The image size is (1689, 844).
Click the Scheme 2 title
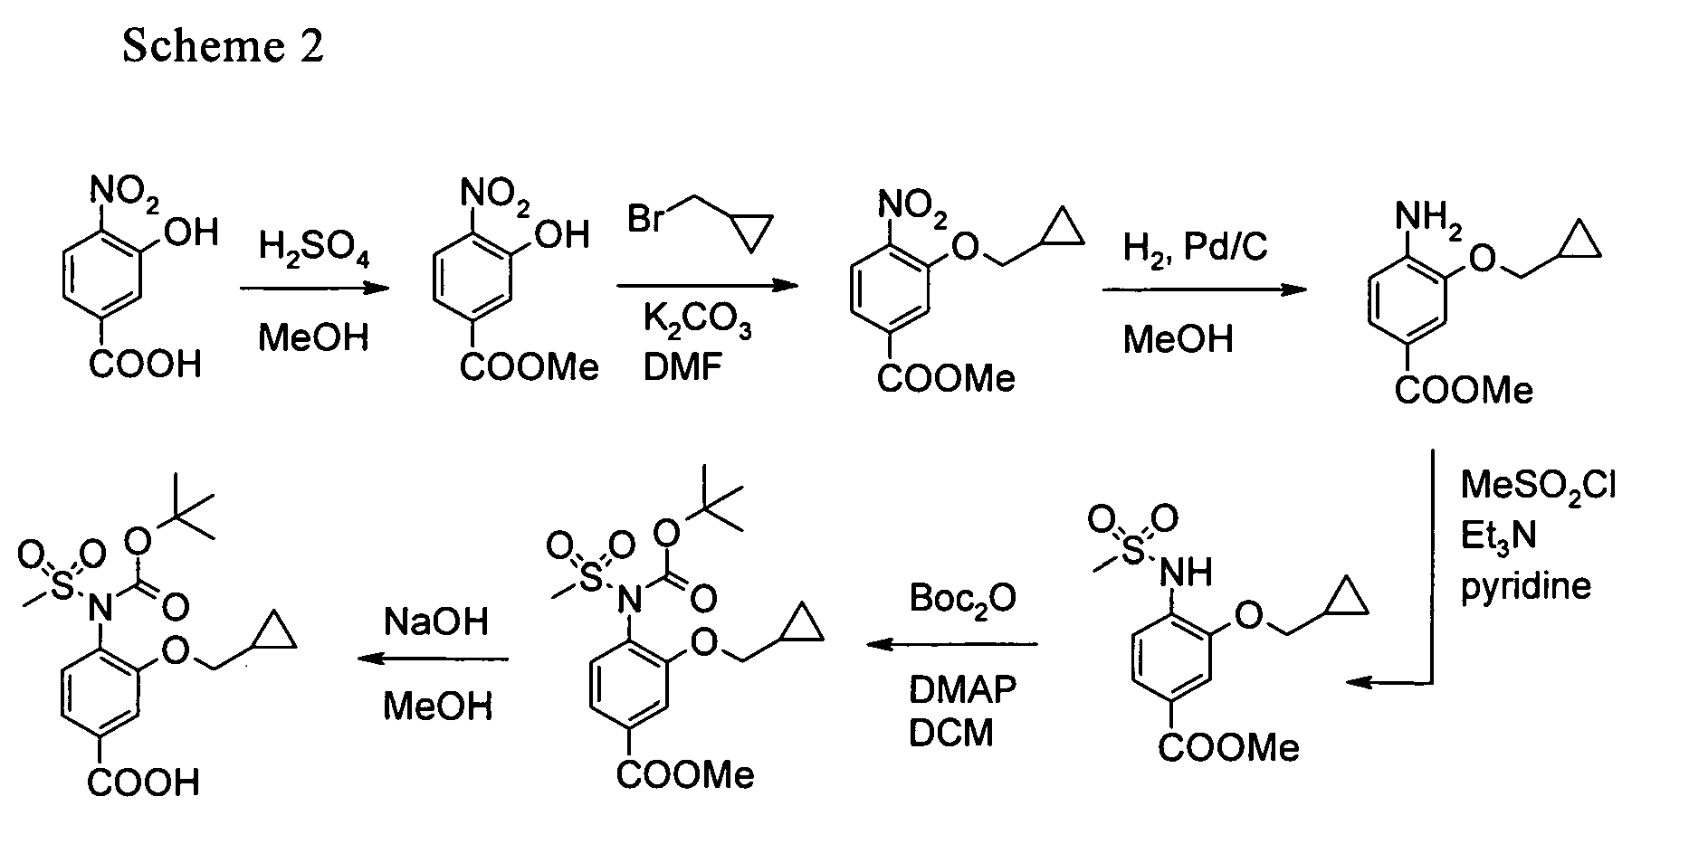pos(223,46)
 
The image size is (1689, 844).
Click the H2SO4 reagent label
pos(314,247)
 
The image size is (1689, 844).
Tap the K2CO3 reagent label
pos(697,321)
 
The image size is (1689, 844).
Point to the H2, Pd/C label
pos(1195,246)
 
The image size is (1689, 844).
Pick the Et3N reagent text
pos(1498,536)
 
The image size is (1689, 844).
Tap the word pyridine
pos(1526,587)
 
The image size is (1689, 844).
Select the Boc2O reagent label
pos(963,598)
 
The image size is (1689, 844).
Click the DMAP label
pos(963,689)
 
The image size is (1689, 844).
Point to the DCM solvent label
pos(951,733)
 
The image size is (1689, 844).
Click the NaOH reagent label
pos(436,621)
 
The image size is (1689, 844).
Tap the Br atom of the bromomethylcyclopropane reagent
pos(646,220)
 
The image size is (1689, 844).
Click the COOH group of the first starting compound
pos(145,366)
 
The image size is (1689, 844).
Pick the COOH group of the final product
pos(144,782)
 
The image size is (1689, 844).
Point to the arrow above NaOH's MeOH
pos(433,659)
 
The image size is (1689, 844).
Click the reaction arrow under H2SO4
pos(314,289)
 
